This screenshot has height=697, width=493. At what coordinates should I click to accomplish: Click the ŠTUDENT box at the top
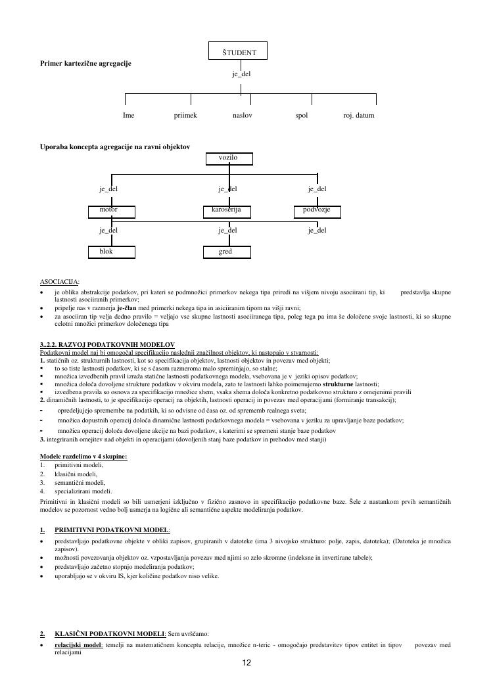tap(237, 51)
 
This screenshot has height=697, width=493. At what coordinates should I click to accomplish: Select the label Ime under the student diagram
tap(129, 115)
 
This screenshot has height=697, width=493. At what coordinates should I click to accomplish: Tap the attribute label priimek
tap(185, 115)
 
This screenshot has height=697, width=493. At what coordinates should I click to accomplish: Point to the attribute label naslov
tap(242, 115)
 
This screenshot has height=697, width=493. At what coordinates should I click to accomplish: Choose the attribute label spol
tap(302, 115)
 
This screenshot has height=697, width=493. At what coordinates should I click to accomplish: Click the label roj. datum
tap(359, 115)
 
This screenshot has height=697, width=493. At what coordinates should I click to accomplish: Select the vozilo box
tap(228, 158)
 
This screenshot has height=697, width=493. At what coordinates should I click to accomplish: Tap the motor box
tap(112, 211)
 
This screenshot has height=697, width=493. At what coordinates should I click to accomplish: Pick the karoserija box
tap(227, 211)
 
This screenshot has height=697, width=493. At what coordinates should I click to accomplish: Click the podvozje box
tap(317, 211)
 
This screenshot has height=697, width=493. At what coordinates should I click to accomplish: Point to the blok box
tap(112, 252)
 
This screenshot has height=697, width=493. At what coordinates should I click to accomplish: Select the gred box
tap(227, 252)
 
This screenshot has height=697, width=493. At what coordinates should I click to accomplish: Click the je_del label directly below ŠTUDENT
tap(241, 74)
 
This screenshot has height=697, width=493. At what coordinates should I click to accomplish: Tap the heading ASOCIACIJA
tap(60, 281)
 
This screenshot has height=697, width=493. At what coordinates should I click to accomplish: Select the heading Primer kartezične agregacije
tap(85, 63)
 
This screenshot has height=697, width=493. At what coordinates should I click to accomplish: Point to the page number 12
tap(246, 663)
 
